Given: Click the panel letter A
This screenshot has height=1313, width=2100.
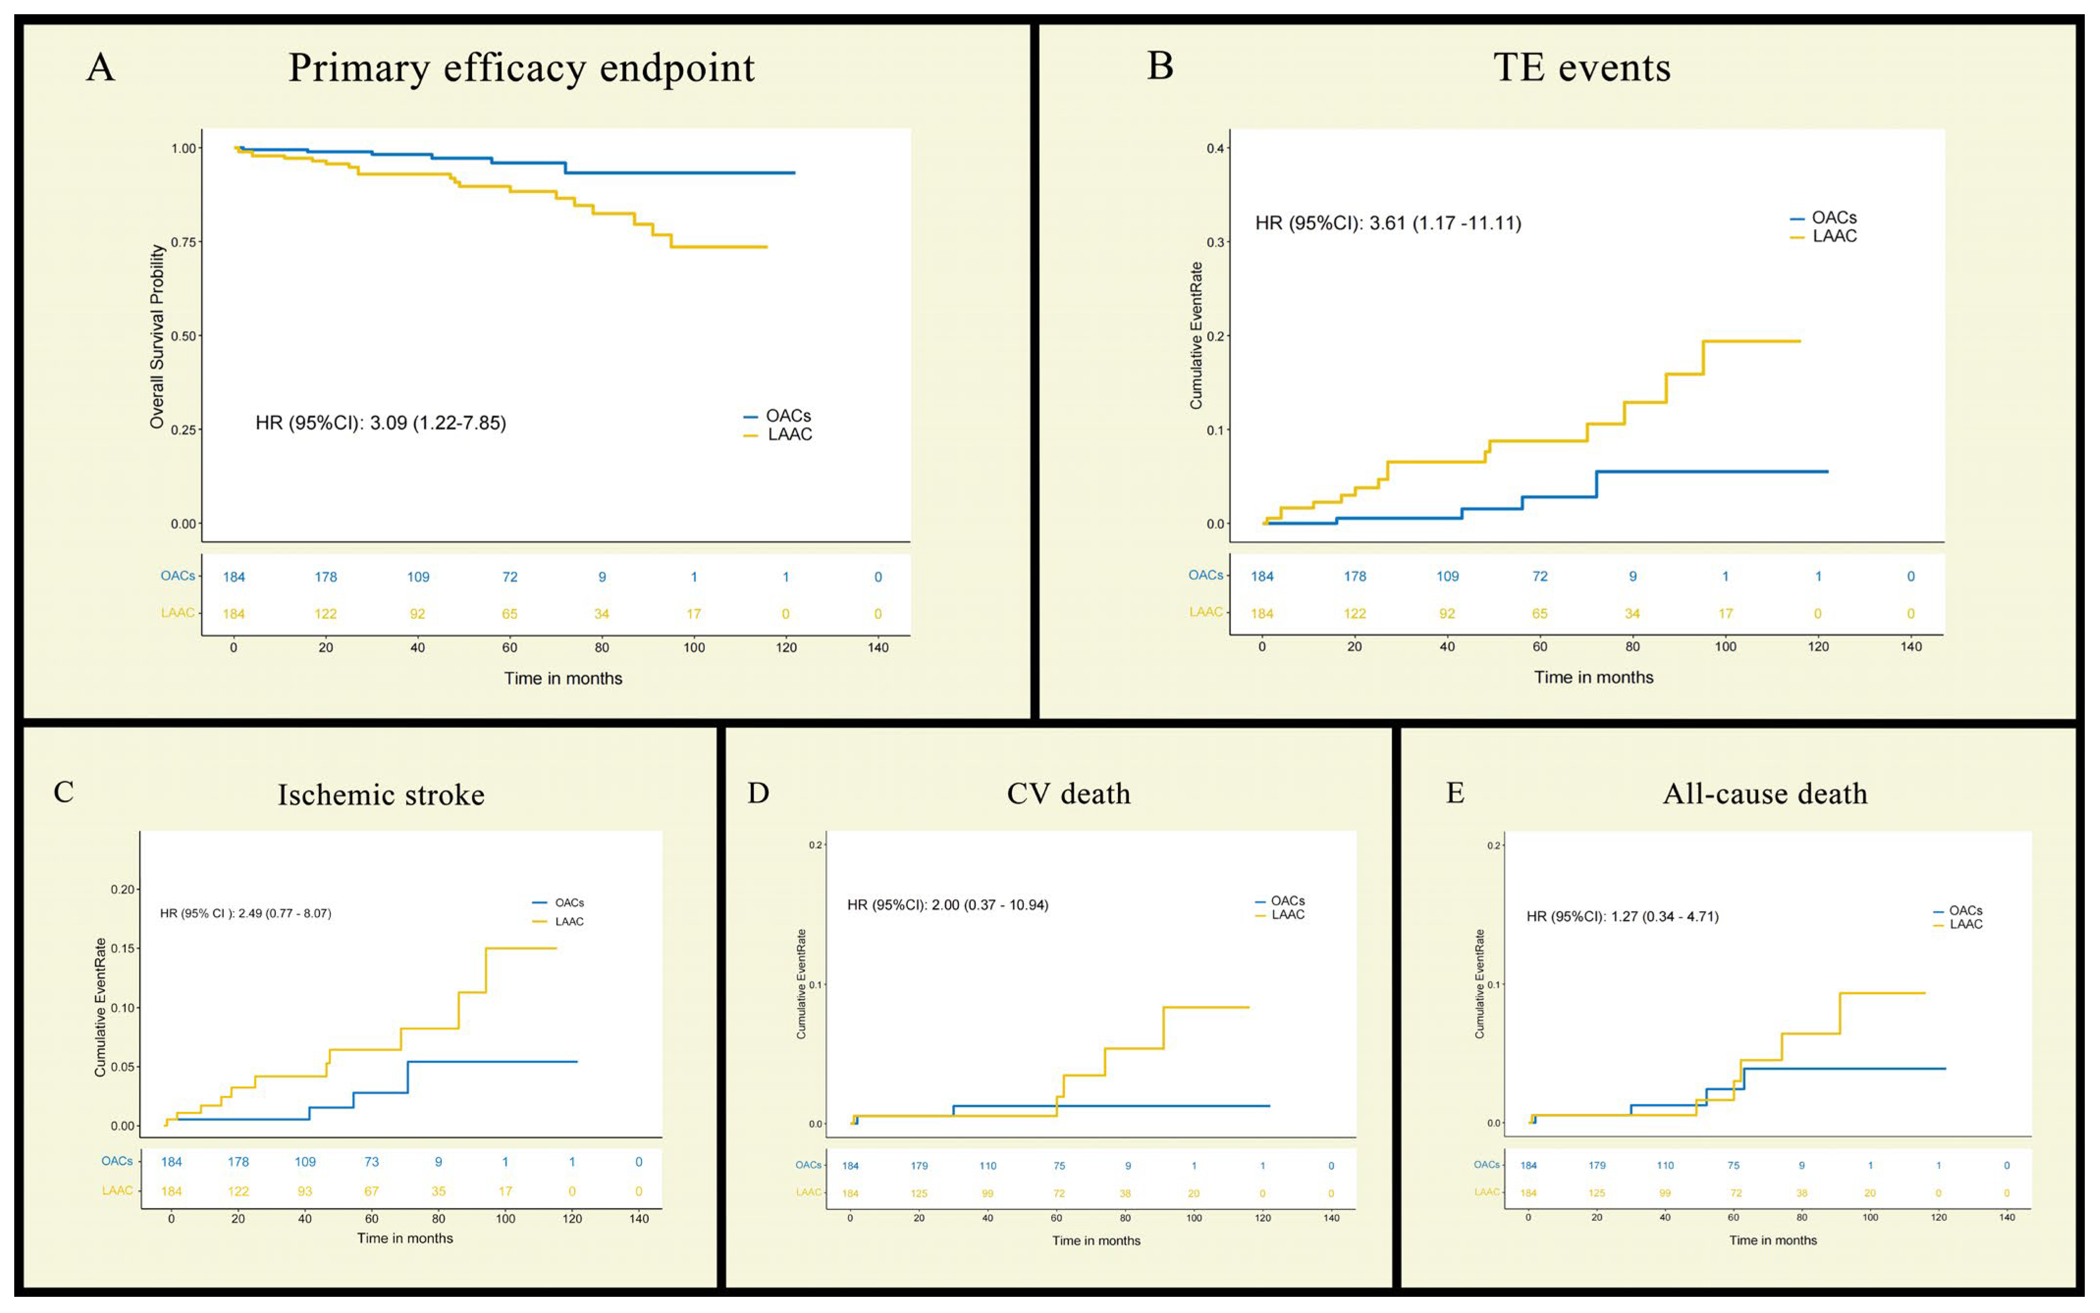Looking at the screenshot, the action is click(x=101, y=67).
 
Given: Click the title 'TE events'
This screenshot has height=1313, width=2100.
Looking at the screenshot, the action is click(x=1582, y=67).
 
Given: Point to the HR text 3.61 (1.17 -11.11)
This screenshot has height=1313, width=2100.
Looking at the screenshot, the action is click(x=1445, y=223).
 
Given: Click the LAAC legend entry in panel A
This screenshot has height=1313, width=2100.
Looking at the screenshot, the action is click(x=778, y=434).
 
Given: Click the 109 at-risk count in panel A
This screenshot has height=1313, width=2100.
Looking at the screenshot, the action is click(x=418, y=577).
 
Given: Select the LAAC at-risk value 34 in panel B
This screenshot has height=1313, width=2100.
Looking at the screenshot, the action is click(x=1632, y=613).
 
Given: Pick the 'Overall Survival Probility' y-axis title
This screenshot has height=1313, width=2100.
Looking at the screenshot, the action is click(x=157, y=336).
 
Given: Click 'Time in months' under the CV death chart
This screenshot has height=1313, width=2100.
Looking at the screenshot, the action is click(x=1096, y=1240).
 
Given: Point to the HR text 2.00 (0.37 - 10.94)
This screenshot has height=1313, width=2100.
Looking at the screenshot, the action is click(x=990, y=905).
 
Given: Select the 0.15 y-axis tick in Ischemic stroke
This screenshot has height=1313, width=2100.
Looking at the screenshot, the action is click(x=123, y=948).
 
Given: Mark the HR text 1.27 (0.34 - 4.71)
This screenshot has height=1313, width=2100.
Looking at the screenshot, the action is click(x=1664, y=916).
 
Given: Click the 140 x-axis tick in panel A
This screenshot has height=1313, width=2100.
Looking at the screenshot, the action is click(x=878, y=647).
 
